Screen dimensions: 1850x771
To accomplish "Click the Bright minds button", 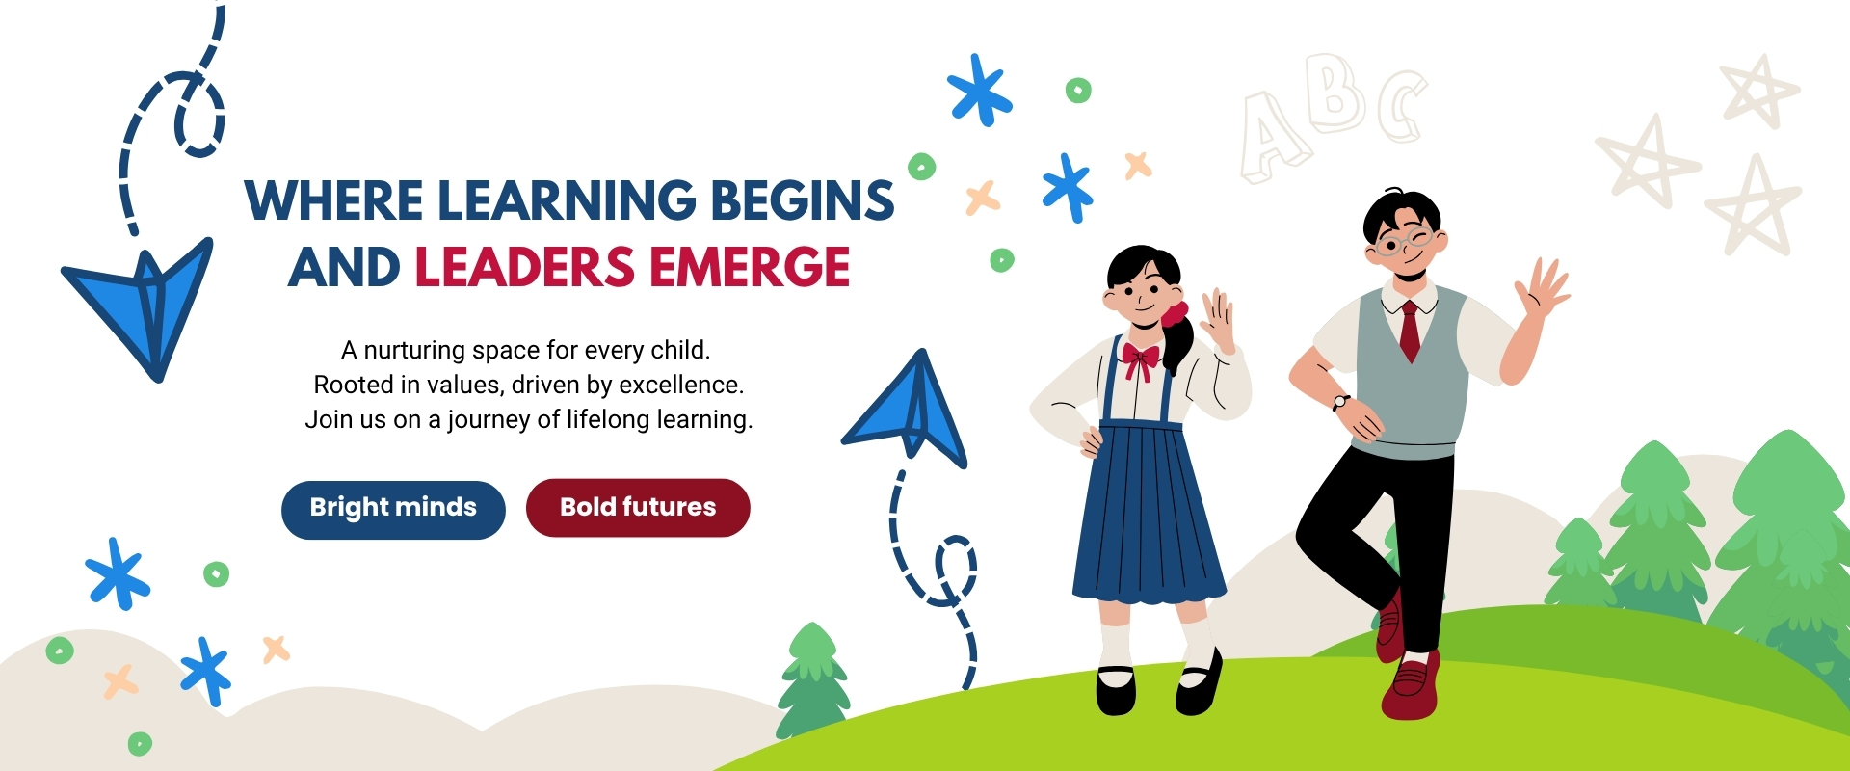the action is click(393, 510).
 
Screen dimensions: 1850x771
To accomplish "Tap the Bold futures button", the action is click(638, 508).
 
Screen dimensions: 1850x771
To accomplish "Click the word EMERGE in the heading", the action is click(750, 268).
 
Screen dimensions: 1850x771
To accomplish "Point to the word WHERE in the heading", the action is click(333, 200).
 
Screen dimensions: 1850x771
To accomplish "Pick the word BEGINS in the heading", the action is click(803, 200).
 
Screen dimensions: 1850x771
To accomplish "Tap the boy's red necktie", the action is click(1410, 331).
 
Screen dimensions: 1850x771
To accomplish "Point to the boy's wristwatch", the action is click(1340, 402).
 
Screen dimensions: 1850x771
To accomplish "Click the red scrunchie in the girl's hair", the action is click(1175, 314).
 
